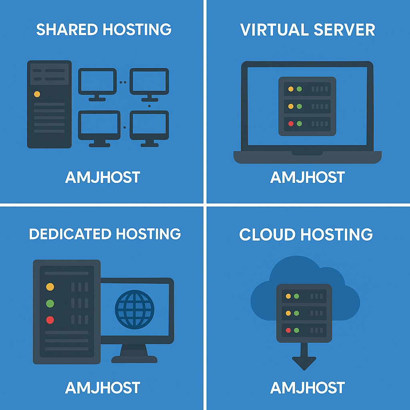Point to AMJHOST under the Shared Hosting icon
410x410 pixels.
(x=102, y=177)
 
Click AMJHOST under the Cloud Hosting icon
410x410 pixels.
(x=307, y=388)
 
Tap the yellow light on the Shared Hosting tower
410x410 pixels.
(x=37, y=94)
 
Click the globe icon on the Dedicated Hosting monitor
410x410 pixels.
(x=135, y=310)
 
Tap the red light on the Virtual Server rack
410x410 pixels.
(x=291, y=124)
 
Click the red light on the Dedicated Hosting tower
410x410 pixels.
(x=50, y=320)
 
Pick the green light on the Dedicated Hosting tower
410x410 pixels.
(x=50, y=303)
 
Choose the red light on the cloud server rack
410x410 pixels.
(x=288, y=330)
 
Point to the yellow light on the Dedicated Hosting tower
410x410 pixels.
(x=50, y=287)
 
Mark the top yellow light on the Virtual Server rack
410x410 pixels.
(x=291, y=89)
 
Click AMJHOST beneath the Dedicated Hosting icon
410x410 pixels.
(x=102, y=388)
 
